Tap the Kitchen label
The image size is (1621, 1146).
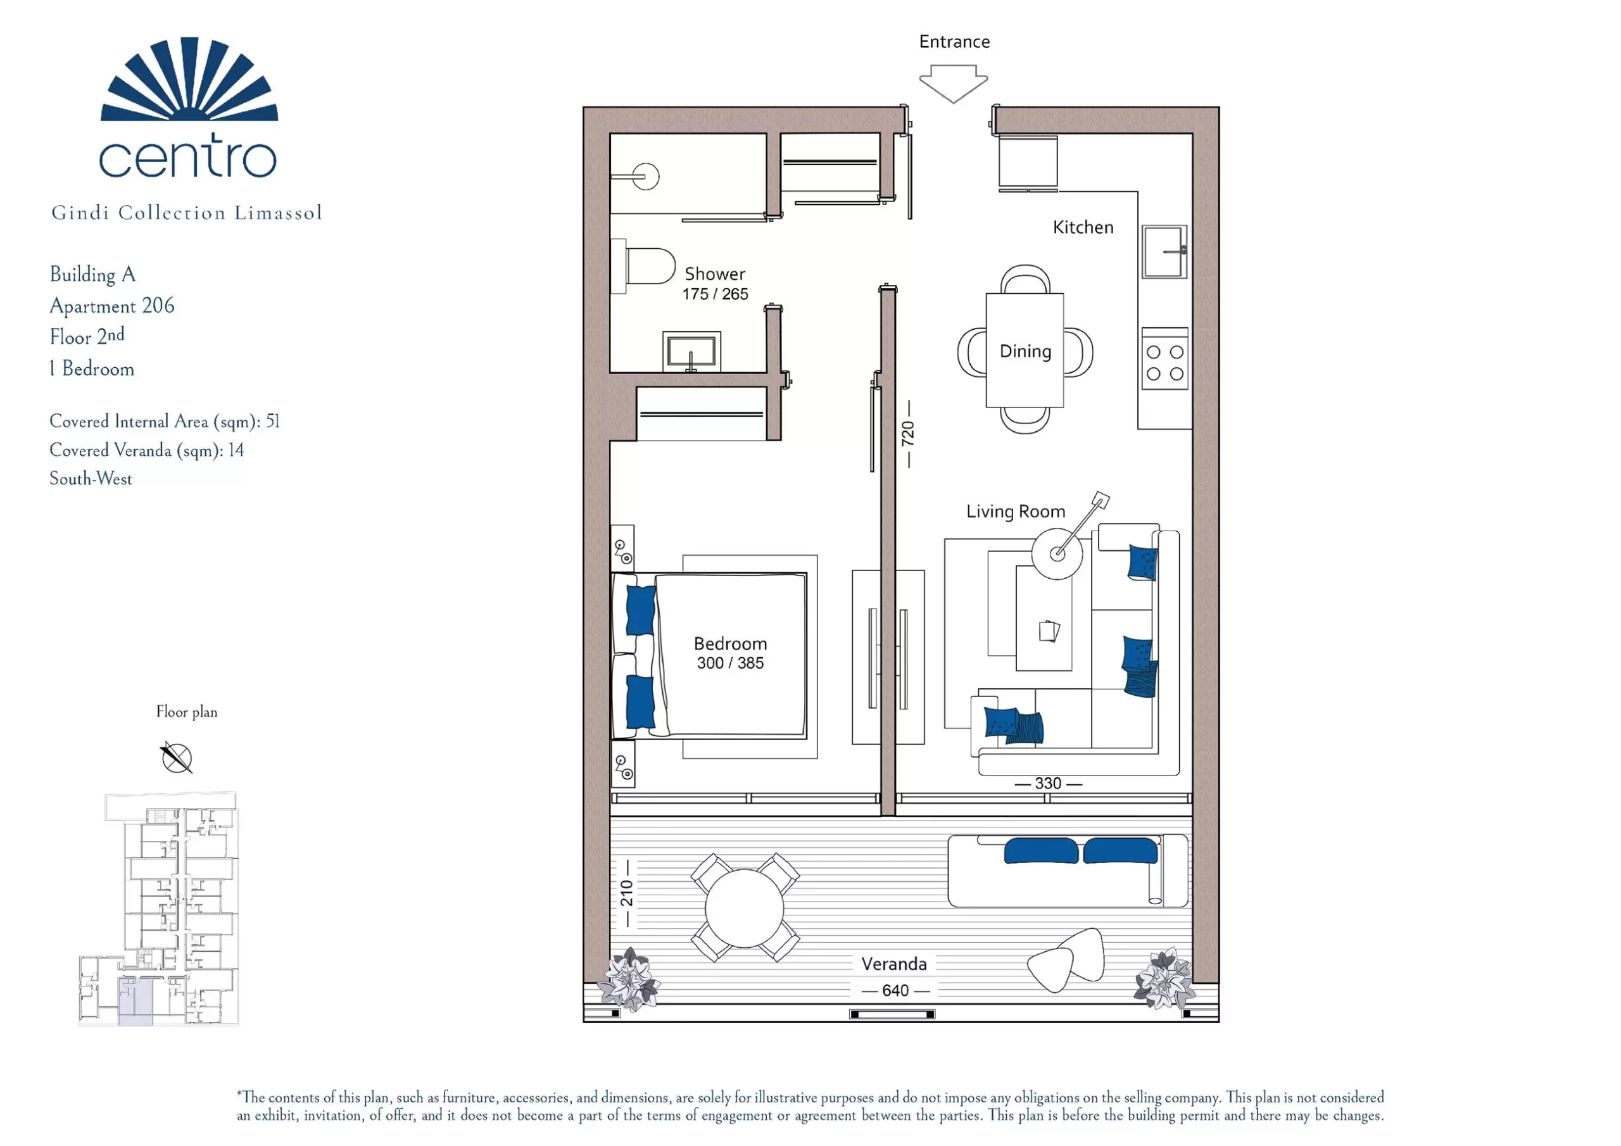click(x=1083, y=227)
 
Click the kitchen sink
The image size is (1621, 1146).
click(x=1164, y=251)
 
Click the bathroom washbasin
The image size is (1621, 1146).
click(x=691, y=351)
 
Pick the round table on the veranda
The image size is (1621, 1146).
click(x=744, y=907)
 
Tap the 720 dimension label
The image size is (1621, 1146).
click(x=908, y=434)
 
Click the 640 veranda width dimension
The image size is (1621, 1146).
click(x=895, y=991)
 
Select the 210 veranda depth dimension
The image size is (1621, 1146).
click(x=626, y=893)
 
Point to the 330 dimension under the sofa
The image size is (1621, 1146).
click(x=1048, y=783)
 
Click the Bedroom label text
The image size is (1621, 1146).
click(x=730, y=643)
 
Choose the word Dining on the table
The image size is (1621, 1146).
click(x=1025, y=351)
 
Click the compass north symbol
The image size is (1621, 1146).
click(x=176, y=758)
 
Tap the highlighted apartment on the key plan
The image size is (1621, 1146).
click(x=134, y=1000)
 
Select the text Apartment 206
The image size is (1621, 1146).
click(x=111, y=306)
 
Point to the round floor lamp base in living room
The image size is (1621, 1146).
click(x=1057, y=553)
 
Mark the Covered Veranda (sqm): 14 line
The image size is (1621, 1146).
click(x=147, y=451)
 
